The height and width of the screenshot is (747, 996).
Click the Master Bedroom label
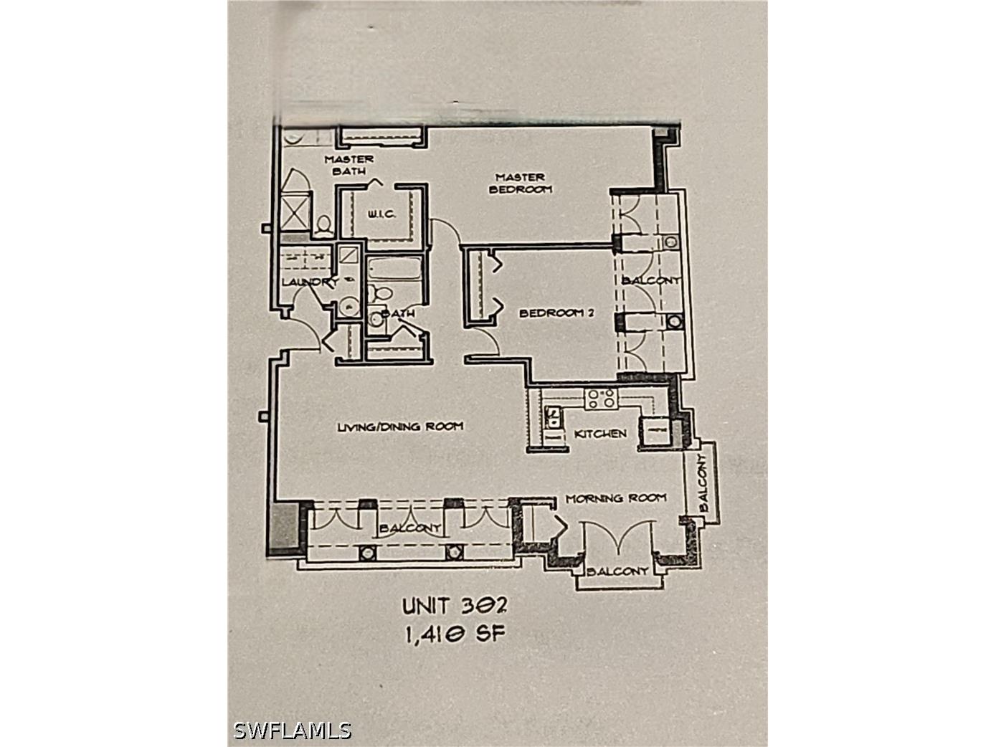[521, 183]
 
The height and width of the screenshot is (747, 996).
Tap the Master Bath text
[349, 165]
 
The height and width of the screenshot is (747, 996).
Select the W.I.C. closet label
[380, 214]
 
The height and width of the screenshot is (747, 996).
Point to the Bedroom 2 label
[556, 313]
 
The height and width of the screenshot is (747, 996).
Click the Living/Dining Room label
[400, 427]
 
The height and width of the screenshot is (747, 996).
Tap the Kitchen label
[600, 434]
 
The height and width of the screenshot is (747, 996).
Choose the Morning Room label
[616, 498]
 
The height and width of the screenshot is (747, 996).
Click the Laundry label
[310, 282]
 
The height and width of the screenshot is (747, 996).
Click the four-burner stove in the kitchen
[601, 399]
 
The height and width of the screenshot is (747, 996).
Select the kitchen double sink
[553, 417]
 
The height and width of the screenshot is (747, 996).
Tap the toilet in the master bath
[323, 225]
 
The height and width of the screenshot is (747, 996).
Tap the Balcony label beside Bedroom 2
[651, 280]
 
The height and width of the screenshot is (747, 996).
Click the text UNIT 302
[455, 606]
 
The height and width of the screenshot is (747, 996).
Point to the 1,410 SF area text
[455, 634]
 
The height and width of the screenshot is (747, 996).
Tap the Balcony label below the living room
[410, 528]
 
